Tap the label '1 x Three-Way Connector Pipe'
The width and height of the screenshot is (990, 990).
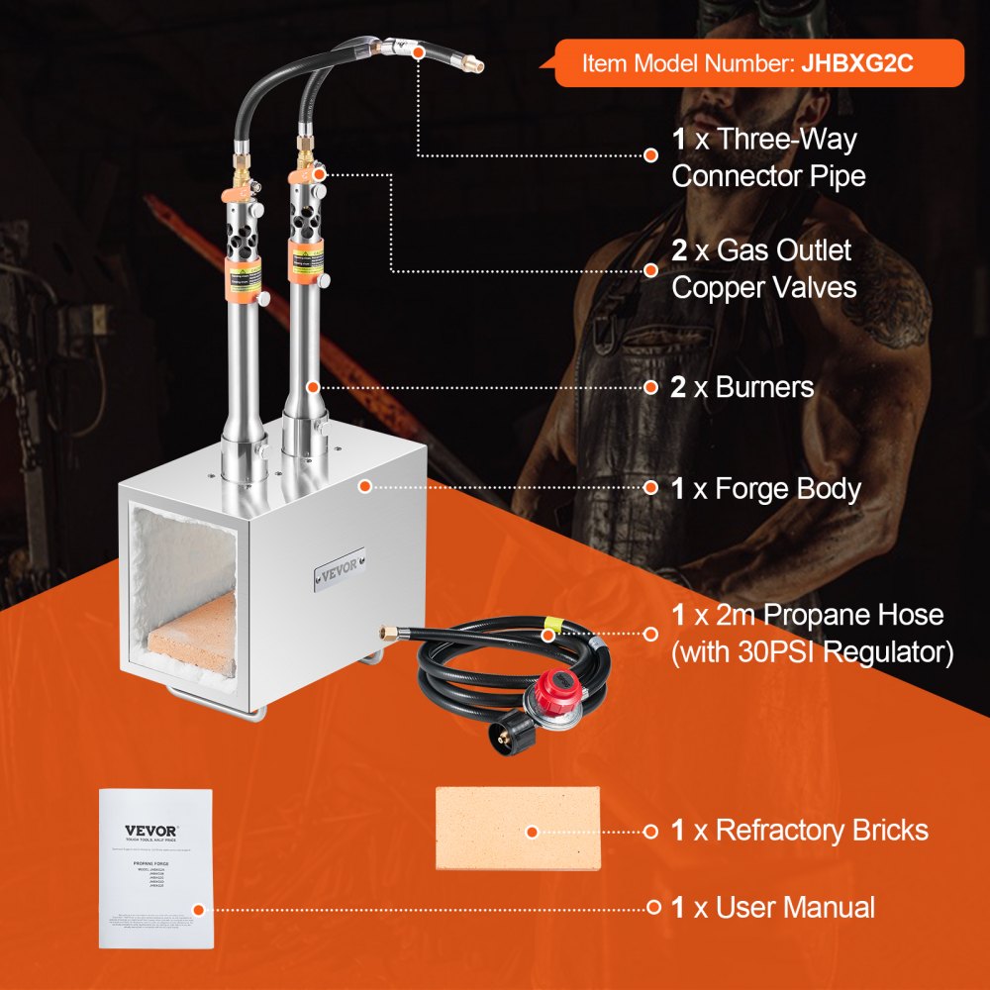768,157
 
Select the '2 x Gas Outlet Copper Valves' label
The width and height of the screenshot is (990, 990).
761,268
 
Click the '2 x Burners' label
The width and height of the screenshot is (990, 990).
742,387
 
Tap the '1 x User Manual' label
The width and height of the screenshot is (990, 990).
773,907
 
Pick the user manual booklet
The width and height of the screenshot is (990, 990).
156,868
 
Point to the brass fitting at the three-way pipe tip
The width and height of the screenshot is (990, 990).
478,65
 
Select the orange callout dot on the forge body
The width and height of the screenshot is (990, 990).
365,486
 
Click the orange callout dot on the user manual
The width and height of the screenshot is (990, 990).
199,909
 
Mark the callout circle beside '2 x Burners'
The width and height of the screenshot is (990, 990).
650,387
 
